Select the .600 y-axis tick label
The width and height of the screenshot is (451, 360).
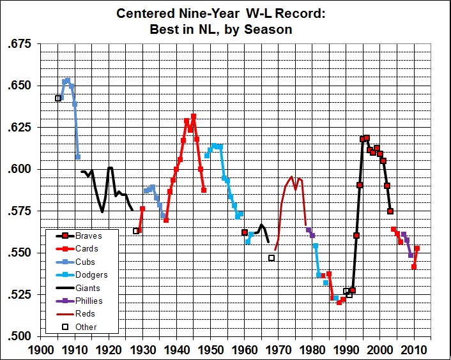point(17,169)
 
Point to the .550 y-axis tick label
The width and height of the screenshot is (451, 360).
point(17,253)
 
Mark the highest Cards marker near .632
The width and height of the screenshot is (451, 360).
point(194,117)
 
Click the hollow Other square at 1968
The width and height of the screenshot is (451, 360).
point(271,258)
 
